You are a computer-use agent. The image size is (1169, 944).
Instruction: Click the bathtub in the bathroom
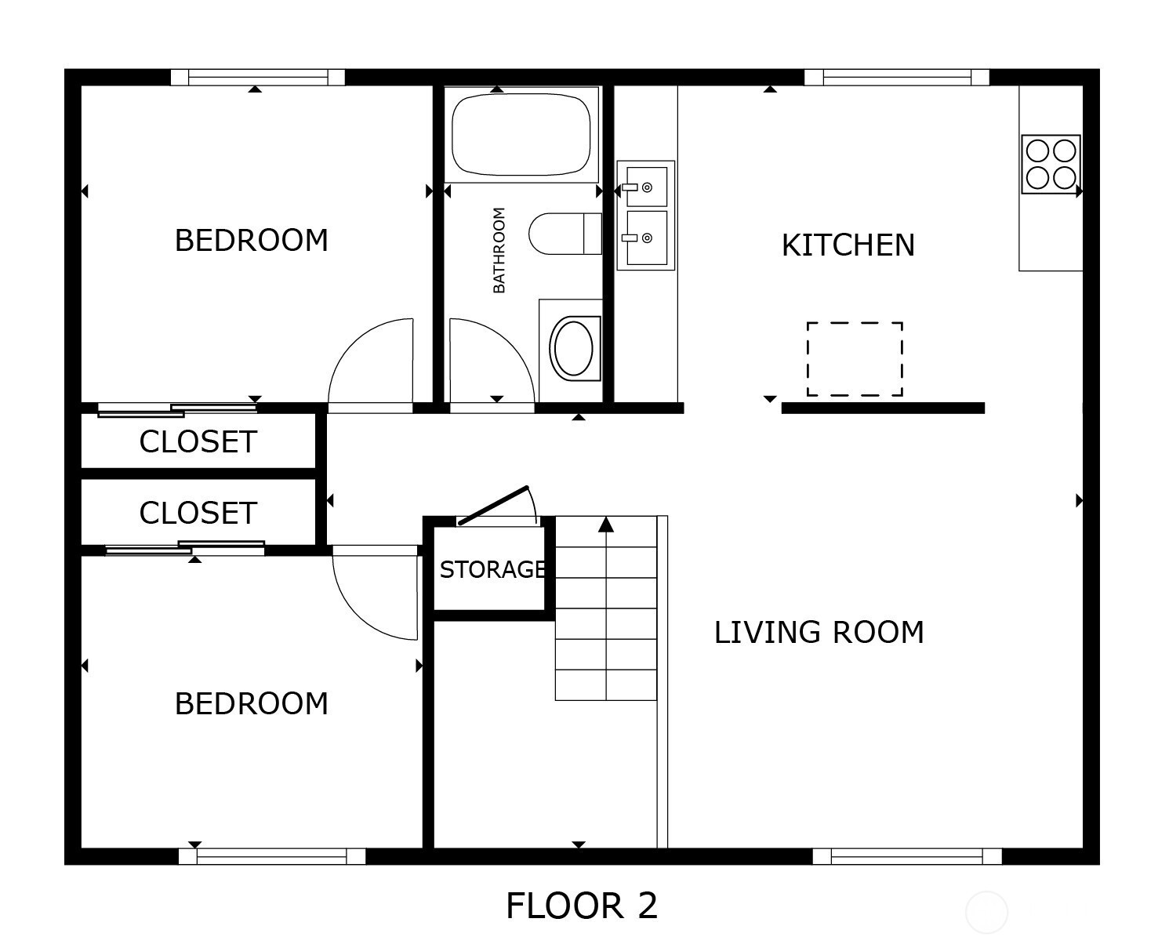click(521, 135)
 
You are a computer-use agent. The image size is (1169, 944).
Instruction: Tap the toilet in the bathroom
click(565, 234)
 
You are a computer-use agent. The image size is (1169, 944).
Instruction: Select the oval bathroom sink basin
click(574, 348)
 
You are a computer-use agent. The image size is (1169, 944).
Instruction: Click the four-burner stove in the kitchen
click(1051, 164)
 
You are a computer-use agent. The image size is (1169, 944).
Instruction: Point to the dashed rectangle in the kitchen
click(855, 359)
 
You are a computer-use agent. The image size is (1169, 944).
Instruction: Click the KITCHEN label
click(848, 245)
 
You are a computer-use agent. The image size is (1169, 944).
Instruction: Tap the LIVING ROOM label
click(819, 632)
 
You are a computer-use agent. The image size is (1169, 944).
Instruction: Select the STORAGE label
click(492, 570)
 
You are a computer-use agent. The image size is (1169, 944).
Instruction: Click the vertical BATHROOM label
click(499, 250)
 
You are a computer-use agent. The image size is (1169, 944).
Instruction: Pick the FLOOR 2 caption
click(582, 906)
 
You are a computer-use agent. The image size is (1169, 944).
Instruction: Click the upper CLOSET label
click(198, 442)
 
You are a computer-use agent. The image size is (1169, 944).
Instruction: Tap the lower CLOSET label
click(198, 513)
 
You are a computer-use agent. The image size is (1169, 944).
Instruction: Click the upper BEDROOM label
click(252, 241)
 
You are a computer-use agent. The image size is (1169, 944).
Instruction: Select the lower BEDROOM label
click(252, 703)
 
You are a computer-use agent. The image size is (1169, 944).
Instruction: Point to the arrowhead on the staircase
click(606, 525)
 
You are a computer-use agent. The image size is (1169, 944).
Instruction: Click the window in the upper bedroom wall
click(258, 78)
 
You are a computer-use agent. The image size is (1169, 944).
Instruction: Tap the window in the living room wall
click(907, 856)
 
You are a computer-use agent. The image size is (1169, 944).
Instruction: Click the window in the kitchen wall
click(897, 78)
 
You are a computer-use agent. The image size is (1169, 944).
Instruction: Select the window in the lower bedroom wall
click(272, 856)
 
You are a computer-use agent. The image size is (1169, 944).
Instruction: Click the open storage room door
click(493, 505)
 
